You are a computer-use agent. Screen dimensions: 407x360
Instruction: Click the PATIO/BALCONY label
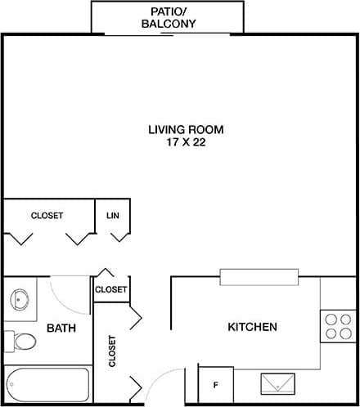[167, 17]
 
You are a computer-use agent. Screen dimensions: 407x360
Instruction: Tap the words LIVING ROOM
[186, 129]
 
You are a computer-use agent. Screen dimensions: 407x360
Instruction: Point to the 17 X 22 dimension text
[186, 141]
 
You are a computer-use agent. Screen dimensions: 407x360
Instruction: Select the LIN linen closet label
[113, 216]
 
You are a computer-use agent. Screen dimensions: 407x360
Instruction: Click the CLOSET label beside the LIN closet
[47, 216]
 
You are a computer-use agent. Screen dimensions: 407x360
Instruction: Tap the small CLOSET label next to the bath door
[111, 289]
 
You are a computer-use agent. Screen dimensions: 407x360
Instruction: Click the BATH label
[61, 329]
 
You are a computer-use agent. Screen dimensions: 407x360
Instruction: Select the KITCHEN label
[252, 327]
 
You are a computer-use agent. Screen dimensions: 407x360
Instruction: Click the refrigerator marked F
[216, 384]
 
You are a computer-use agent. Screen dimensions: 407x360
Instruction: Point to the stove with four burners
[337, 326]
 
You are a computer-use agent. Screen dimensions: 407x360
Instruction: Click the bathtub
[47, 384]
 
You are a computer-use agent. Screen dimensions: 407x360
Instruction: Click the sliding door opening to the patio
[167, 34]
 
